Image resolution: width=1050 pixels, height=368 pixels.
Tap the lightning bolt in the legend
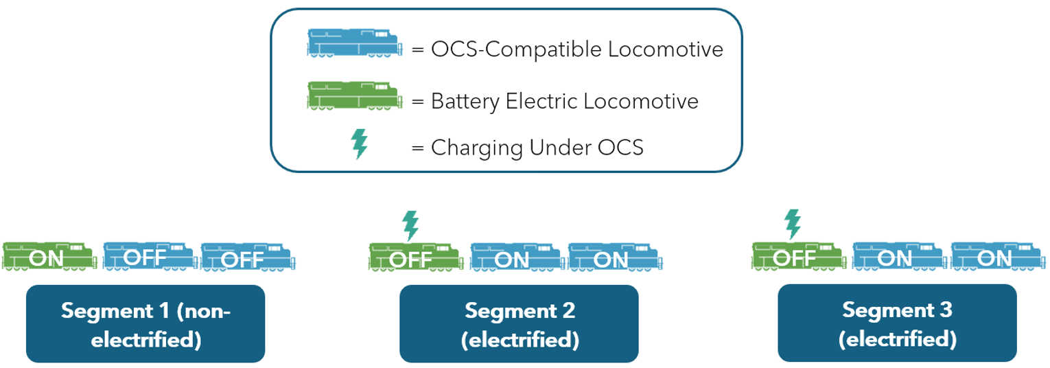[359, 145]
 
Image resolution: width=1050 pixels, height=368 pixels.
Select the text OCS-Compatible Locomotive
[576, 49]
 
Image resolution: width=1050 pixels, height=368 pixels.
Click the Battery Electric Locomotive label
[564, 102]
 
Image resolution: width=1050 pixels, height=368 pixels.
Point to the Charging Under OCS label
[537, 148]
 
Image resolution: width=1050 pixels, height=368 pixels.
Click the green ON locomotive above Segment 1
[49, 257]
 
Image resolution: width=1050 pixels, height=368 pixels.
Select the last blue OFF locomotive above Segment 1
[248, 257]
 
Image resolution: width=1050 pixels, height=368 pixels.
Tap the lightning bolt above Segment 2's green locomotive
[410, 225]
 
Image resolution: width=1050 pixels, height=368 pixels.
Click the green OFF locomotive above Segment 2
[416, 257]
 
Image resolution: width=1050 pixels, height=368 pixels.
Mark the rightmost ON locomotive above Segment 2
[615, 257]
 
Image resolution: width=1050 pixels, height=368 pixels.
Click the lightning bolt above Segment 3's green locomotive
[793, 224]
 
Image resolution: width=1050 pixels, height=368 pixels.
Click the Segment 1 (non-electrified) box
[145, 323]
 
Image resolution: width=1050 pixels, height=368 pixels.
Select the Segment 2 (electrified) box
[519, 323]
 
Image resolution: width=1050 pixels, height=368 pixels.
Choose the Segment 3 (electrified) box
[897, 323]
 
